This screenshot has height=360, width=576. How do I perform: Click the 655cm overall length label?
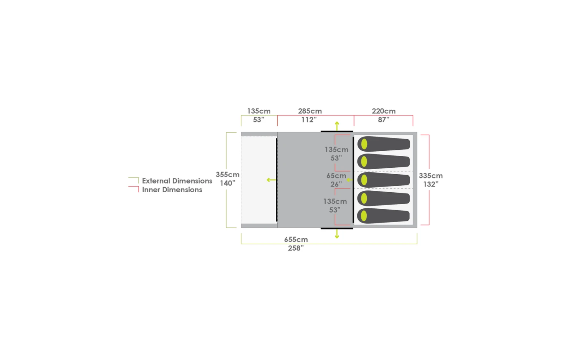[296, 239]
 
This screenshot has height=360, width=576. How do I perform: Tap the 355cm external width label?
[227, 175]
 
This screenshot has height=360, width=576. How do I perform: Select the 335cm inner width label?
[431, 176]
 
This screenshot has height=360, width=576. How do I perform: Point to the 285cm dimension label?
[310, 111]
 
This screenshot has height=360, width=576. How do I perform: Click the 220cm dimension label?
[384, 111]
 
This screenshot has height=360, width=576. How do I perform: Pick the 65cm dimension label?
[336, 176]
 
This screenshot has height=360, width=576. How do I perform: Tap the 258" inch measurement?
[296, 248]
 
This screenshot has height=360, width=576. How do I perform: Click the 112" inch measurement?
[309, 119]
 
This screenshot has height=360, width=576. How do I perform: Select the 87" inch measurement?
[383, 119]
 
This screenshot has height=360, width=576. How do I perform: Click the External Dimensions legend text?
[177, 181]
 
